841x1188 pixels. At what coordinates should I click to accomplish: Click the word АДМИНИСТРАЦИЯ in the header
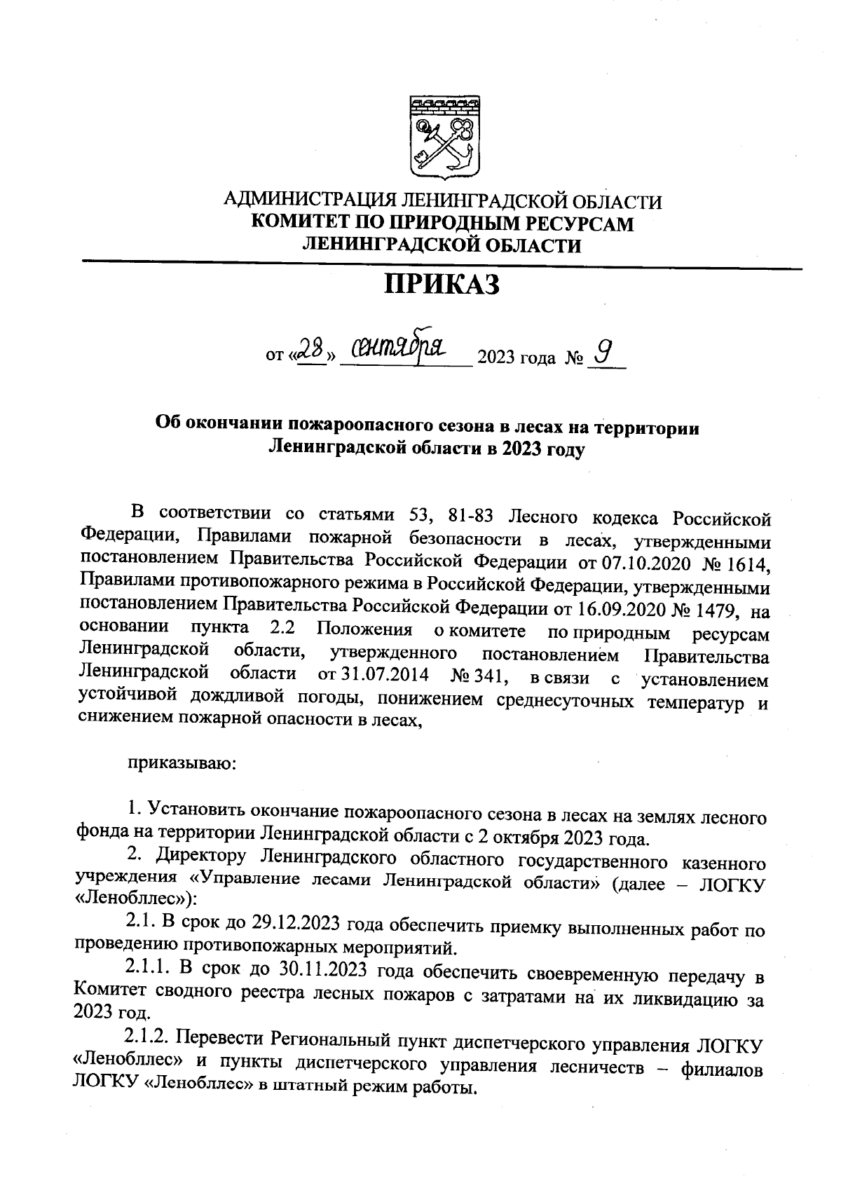pyautogui.click(x=308, y=202)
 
